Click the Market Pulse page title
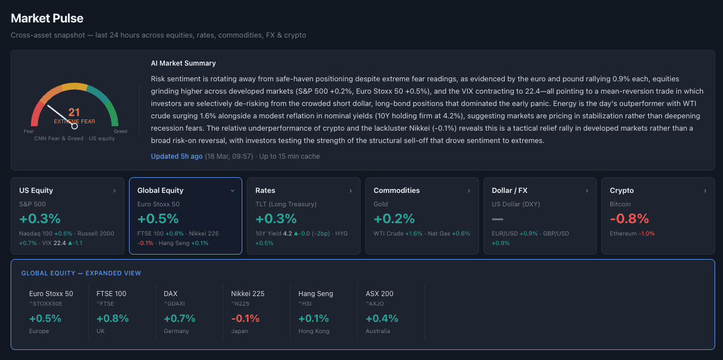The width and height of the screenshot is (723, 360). click(47, 19)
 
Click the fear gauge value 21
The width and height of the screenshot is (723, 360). click(74, 113)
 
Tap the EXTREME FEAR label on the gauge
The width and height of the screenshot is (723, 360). click(75, 122)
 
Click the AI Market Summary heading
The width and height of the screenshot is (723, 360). click(183, 63)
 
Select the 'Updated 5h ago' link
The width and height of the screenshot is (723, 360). click(177, 156)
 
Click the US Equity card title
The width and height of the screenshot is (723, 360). click(36, 191)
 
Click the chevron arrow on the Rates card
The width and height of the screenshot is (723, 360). click(351, 191)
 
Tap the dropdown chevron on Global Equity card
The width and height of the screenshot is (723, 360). click(233, 191)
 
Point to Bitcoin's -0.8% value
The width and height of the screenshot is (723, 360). click(629, 219)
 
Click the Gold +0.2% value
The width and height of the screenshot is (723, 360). click(394, 219)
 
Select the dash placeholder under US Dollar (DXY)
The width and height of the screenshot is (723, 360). click(498, 219)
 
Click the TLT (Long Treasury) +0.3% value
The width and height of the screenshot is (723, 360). click(275, 219)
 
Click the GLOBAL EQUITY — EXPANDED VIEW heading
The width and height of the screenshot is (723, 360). click(81, 273)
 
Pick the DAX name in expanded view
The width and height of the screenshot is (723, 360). click(171, 294)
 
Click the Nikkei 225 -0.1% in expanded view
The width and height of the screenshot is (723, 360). click(245, 319)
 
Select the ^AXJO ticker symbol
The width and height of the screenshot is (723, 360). click(375, 304)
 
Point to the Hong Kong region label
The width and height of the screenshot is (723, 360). click(314, 331)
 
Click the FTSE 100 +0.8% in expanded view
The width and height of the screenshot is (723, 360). click(112, 319)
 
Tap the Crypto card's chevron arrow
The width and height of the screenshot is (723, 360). click(705, 191)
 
